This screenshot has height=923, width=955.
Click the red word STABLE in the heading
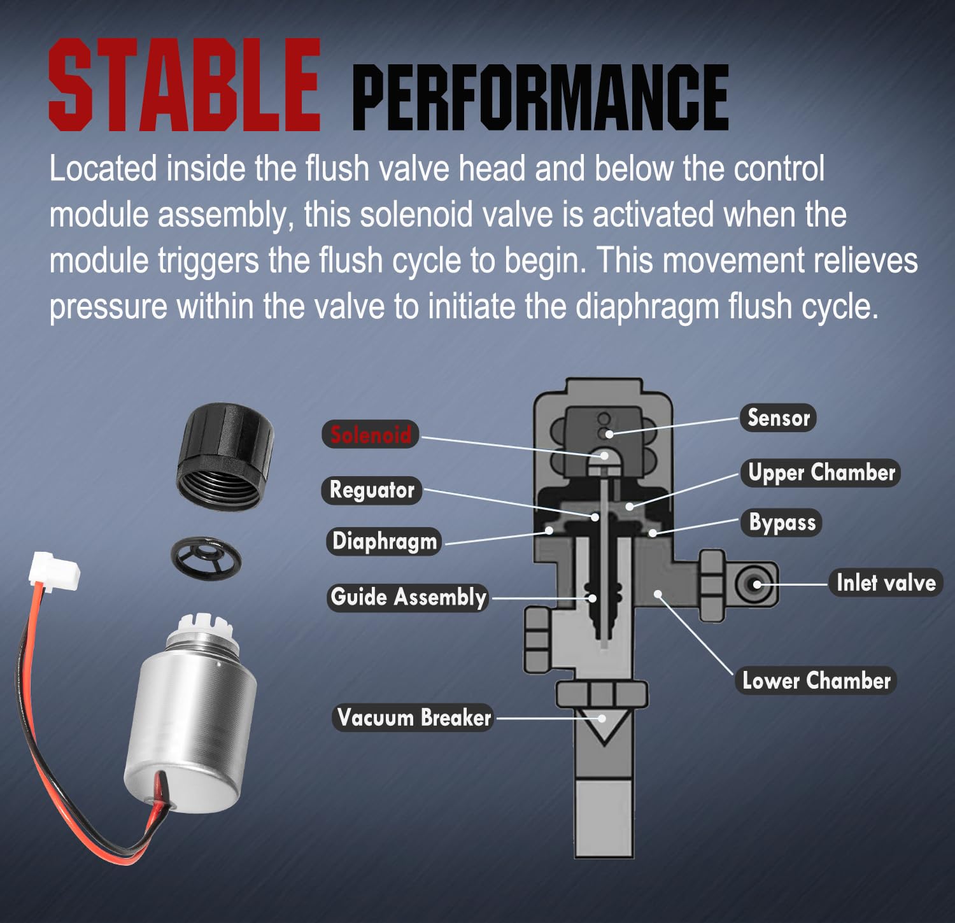[185, 85]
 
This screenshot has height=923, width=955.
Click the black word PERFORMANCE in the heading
[541, 97]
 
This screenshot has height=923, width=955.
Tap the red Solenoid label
[371, 435]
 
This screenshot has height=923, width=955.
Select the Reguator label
[372, 490]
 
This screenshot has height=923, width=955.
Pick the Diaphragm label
[385, 541]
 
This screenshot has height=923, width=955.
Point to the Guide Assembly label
[408, 597]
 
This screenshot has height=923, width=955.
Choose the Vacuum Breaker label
[414, 717]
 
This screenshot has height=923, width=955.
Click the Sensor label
[778, 418]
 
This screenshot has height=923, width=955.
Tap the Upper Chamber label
[821, 473]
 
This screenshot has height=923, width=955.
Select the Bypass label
[782, 523]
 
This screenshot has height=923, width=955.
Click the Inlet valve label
[886, 582]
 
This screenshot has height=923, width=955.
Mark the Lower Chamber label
[816, 680]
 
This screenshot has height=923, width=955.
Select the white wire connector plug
[54, 568]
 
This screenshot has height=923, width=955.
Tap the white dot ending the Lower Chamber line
[658, 594]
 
